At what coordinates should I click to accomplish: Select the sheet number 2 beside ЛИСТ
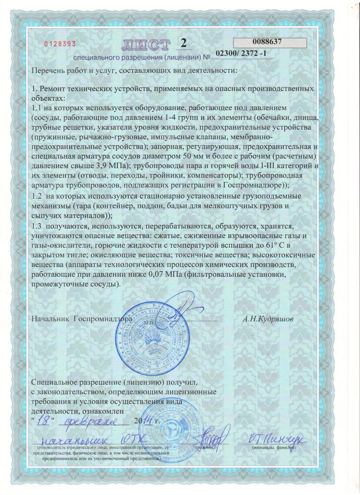click(183, 43)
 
